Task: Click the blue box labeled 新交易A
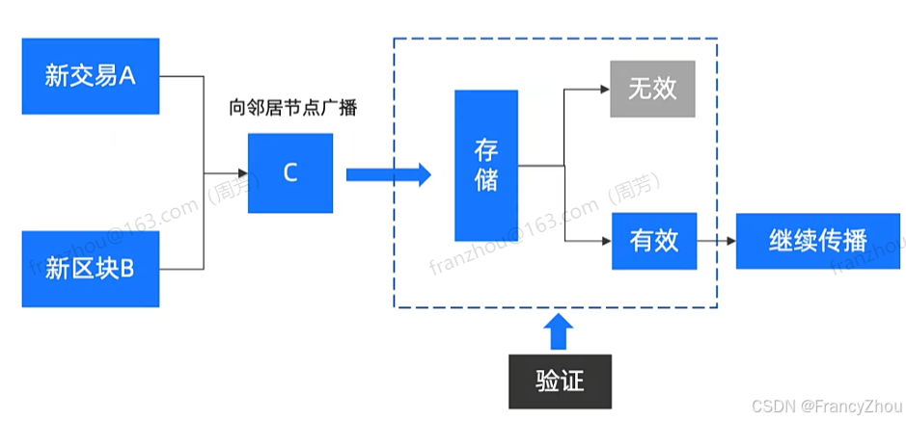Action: tap(91, 76)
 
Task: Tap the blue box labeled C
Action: tap(289, 173)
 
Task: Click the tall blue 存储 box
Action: tap(486, 165)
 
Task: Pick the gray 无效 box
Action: tap(652, 90)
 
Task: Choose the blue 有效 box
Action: tap(653, 241)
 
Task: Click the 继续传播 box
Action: tap(818, 241)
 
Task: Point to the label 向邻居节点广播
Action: tap(292, 109)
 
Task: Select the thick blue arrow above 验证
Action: tap(561, 331)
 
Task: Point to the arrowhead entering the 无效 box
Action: tap(605, 90)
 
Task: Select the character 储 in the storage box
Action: tap(486, 180)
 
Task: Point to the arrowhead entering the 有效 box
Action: tap(607, 241)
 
